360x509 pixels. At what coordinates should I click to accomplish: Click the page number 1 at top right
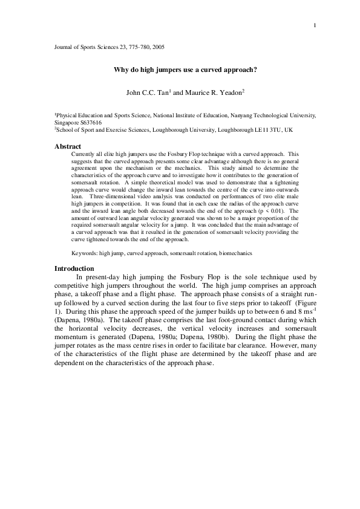[316, 25]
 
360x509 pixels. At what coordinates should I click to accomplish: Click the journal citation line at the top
[110, 46]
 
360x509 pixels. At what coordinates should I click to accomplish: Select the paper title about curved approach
[186, 70]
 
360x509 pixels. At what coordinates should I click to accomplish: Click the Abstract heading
[68, 146]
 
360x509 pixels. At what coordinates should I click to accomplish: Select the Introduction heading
[74, 268]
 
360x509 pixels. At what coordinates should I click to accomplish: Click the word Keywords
[84, 253]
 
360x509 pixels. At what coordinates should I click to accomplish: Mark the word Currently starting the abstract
[83, 154]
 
